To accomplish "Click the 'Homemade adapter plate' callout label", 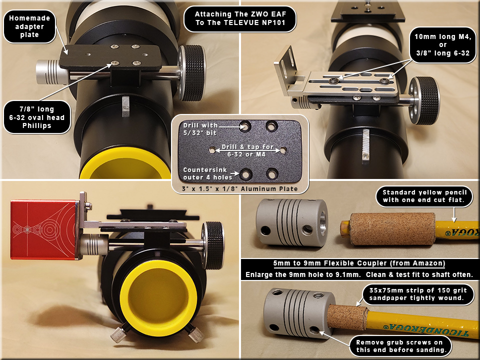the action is (29, 26).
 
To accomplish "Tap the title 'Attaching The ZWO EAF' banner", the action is (240, 18).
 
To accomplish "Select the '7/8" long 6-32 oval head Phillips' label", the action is (37, 117).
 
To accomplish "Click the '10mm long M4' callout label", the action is (442, 45).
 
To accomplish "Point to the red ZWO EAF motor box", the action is (43, 229).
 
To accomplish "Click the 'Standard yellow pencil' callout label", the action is (424, 196).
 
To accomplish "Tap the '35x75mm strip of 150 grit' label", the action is (418, 294).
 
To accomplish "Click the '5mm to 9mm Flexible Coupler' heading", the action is (359, 263).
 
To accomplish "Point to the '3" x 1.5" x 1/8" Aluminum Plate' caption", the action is (239, 189).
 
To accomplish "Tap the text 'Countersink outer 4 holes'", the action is (205, 173).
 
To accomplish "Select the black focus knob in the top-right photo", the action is (424, 100).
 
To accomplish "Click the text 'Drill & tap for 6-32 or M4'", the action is (247, 150).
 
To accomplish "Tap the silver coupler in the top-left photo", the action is (51, 72).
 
